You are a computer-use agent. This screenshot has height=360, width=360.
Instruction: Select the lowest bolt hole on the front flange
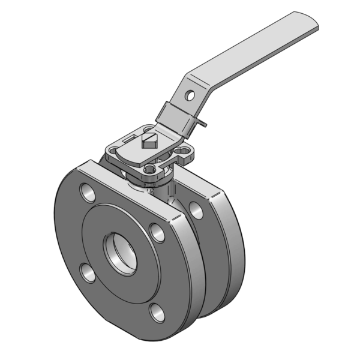(x=157, y=311)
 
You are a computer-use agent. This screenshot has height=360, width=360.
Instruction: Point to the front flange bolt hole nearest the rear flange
(x=157, y=232)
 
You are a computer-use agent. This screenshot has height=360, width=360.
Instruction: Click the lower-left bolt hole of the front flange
(x=88, y=273)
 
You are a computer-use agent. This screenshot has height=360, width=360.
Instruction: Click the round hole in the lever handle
(x=190, y=95)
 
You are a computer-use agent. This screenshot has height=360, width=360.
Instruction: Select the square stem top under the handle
(x=150, y=141)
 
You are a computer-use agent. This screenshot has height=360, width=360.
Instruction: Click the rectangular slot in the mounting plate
(x=128, y=139)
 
